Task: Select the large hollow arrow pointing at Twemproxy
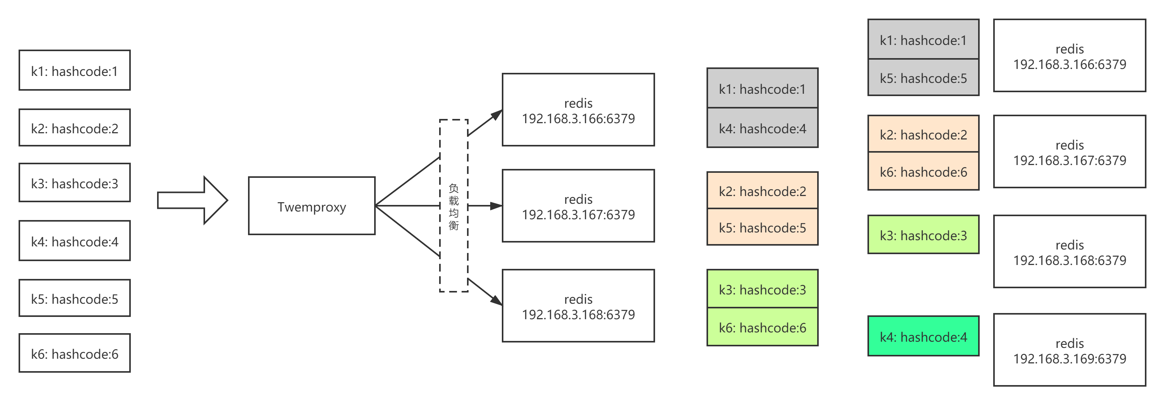pos(192,200)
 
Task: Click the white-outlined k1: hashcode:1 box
pos(75,71)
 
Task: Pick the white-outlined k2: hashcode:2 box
pos(75,127)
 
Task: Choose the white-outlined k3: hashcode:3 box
pos(75,183)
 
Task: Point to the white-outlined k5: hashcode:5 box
pos(75,298)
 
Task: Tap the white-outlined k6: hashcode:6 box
pos(75,353)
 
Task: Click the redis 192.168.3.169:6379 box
pos(1069,350)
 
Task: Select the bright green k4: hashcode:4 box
pos(924,336)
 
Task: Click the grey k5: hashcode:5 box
pos(924,77)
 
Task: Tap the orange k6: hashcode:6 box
pos(924,172)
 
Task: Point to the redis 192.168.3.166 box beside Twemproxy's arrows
pos(578,110)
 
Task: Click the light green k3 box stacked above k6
pos(763,289)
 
